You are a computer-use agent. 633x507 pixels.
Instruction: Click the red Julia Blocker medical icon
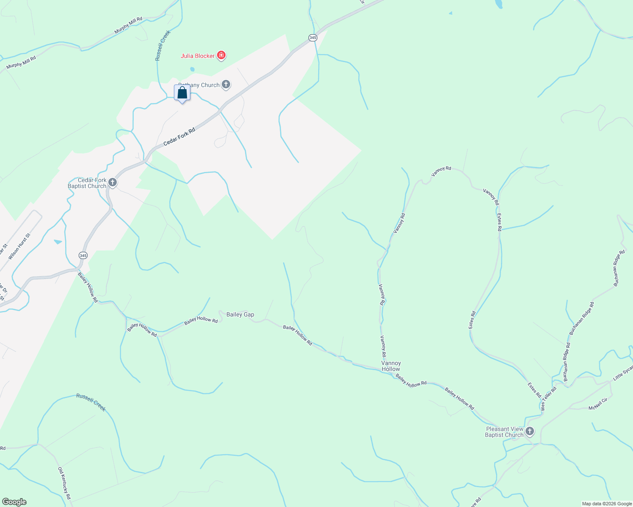221,55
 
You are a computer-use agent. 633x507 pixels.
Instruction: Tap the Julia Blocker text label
198,56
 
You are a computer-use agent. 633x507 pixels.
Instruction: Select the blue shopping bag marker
182,93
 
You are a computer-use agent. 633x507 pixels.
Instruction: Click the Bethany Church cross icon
226,84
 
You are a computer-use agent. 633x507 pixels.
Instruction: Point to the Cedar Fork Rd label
179,137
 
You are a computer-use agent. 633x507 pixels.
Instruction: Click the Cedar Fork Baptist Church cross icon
113,183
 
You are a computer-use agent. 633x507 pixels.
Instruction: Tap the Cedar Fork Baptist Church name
88,183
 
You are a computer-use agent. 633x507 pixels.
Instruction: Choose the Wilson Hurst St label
19,246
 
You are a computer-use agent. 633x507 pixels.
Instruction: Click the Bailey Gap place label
240,314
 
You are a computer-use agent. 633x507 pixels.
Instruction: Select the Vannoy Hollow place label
391,366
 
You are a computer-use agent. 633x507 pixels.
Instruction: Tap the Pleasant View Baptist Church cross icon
530,431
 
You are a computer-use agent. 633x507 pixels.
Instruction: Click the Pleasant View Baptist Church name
504,432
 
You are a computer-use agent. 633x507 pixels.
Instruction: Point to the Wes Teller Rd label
548,399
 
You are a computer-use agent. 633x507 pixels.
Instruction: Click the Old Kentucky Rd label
64,483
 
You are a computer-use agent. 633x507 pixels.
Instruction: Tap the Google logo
14,502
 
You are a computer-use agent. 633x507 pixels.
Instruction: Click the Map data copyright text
607,504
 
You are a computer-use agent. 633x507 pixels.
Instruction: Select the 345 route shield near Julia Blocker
313,38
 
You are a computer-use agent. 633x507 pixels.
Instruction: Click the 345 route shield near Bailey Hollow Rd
83,256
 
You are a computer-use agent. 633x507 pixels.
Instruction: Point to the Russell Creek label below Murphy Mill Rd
162,45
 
